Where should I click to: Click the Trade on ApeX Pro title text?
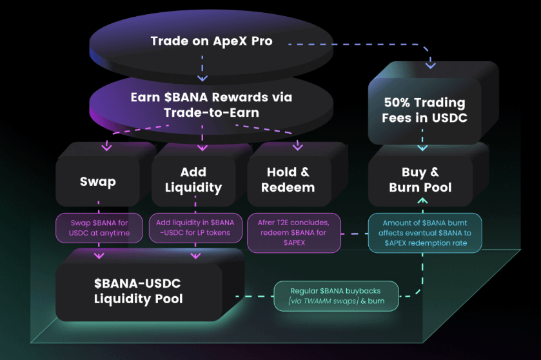(x=211, y=41)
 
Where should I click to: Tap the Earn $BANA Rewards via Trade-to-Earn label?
(x=211, y=105)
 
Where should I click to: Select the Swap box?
(x=98, y=181)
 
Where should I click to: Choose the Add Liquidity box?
(x=193, y=180)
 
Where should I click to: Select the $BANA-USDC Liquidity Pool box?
(x=138, y=291)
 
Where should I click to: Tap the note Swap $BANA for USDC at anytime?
(x=101, y=228)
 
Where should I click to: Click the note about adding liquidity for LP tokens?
(x=196, y=228)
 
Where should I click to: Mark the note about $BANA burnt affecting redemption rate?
(x=425, y=232)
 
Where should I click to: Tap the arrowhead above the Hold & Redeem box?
(x=297, y=147)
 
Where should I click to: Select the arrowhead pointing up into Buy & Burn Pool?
(x=423, y=201)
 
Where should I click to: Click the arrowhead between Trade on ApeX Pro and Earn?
(x=202, y=77)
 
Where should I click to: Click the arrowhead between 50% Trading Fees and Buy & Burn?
(x=422, y=148)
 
